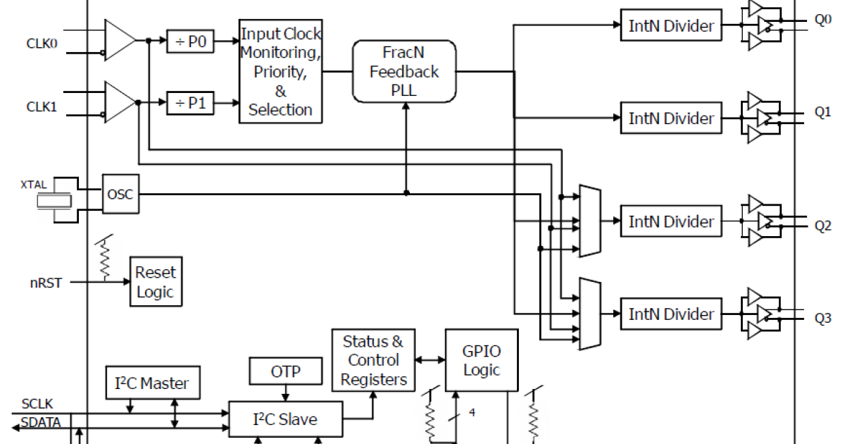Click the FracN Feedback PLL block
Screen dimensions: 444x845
point(404,71)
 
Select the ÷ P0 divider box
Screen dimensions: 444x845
point(189,42)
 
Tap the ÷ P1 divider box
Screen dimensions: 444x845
point(189,104)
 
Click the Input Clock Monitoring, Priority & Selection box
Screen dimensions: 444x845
point(280,71)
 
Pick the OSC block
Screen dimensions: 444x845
point(120,195)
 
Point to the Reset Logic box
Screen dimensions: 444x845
point(156,282)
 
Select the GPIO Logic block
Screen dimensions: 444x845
point(482,361)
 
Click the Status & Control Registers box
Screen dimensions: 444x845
point(373,360)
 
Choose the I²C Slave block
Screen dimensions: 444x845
point(285,420)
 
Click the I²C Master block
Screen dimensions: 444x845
point(152,383)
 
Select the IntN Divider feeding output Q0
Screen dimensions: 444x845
point(671,26)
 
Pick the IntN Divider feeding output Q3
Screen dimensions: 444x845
point(671,314)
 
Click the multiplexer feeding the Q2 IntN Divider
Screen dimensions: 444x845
point(589,221)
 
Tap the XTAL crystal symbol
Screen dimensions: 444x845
point(54,201)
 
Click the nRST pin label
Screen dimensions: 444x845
point(46,283)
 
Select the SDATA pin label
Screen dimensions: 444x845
point(40,423)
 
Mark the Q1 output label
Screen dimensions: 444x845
point(822,112)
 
